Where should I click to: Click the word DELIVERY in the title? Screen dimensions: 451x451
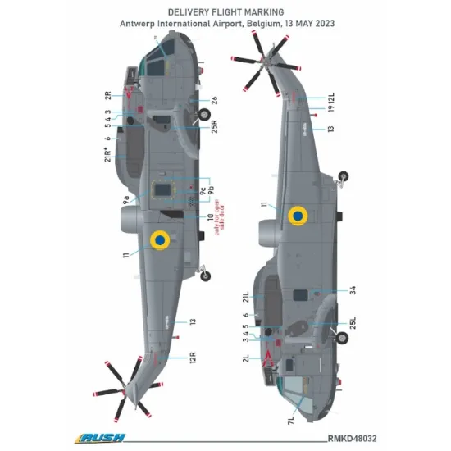(193, 12)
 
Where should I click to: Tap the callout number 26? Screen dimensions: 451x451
(214, 100)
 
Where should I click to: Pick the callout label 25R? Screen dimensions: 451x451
(214, 128)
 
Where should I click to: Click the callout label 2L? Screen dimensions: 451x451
(245, 358)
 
